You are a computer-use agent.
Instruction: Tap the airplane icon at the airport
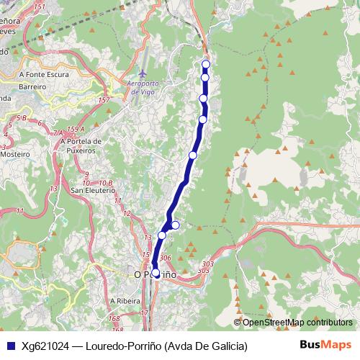(143, 74)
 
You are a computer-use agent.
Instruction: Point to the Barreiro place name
(32, 86)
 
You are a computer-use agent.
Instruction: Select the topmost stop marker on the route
(205, 64)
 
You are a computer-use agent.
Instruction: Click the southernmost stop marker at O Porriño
(156, 273)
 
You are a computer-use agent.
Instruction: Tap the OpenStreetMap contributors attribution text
(297, 322)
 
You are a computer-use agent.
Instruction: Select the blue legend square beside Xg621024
(9, 346)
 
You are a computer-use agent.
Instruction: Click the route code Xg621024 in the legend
(45, 346)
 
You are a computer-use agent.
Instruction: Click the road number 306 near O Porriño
(165, 258)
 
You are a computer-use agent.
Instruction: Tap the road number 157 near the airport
(104, 100)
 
